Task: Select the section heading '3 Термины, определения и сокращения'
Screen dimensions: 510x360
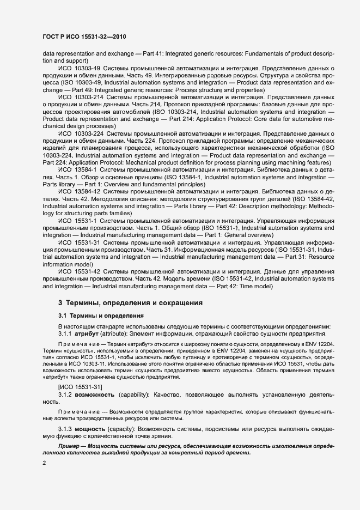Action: (130, 302)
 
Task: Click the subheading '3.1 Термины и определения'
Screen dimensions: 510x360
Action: (101, 315)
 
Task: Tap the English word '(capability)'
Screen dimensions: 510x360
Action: (135, 393)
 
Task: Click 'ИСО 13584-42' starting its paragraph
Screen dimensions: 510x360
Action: (78, 191)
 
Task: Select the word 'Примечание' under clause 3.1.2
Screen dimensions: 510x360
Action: (78, 411)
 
